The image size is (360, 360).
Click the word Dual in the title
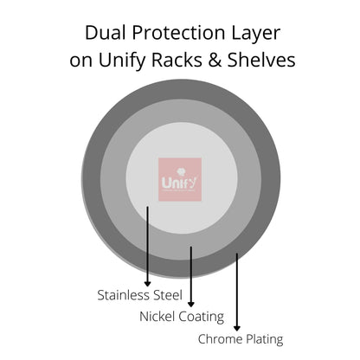click(106, 32)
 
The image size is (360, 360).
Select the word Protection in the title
click(178, 32)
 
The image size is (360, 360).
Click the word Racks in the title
click(177, 60)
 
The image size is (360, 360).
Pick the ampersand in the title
click(215, 60)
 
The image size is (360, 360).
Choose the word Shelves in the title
click(261, 60)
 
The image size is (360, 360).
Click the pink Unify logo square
click(180, 179)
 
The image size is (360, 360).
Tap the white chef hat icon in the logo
click(181, 172)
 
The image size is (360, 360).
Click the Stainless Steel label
click(140, 295)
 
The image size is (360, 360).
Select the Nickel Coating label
click(182, 317)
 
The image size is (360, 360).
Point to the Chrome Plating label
click(241, 339)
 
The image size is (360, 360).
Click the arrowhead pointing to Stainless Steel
click(147, 284)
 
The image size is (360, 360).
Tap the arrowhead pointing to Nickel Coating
click(191, 304)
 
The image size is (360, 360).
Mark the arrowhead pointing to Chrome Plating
click(237, 328)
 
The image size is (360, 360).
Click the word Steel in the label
click(168, 295)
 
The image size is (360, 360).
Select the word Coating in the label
click(202, 317)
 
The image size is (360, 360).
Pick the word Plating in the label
click(263, 339)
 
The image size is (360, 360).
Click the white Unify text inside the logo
click(179, 183)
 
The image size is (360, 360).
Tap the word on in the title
click(80, 61)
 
